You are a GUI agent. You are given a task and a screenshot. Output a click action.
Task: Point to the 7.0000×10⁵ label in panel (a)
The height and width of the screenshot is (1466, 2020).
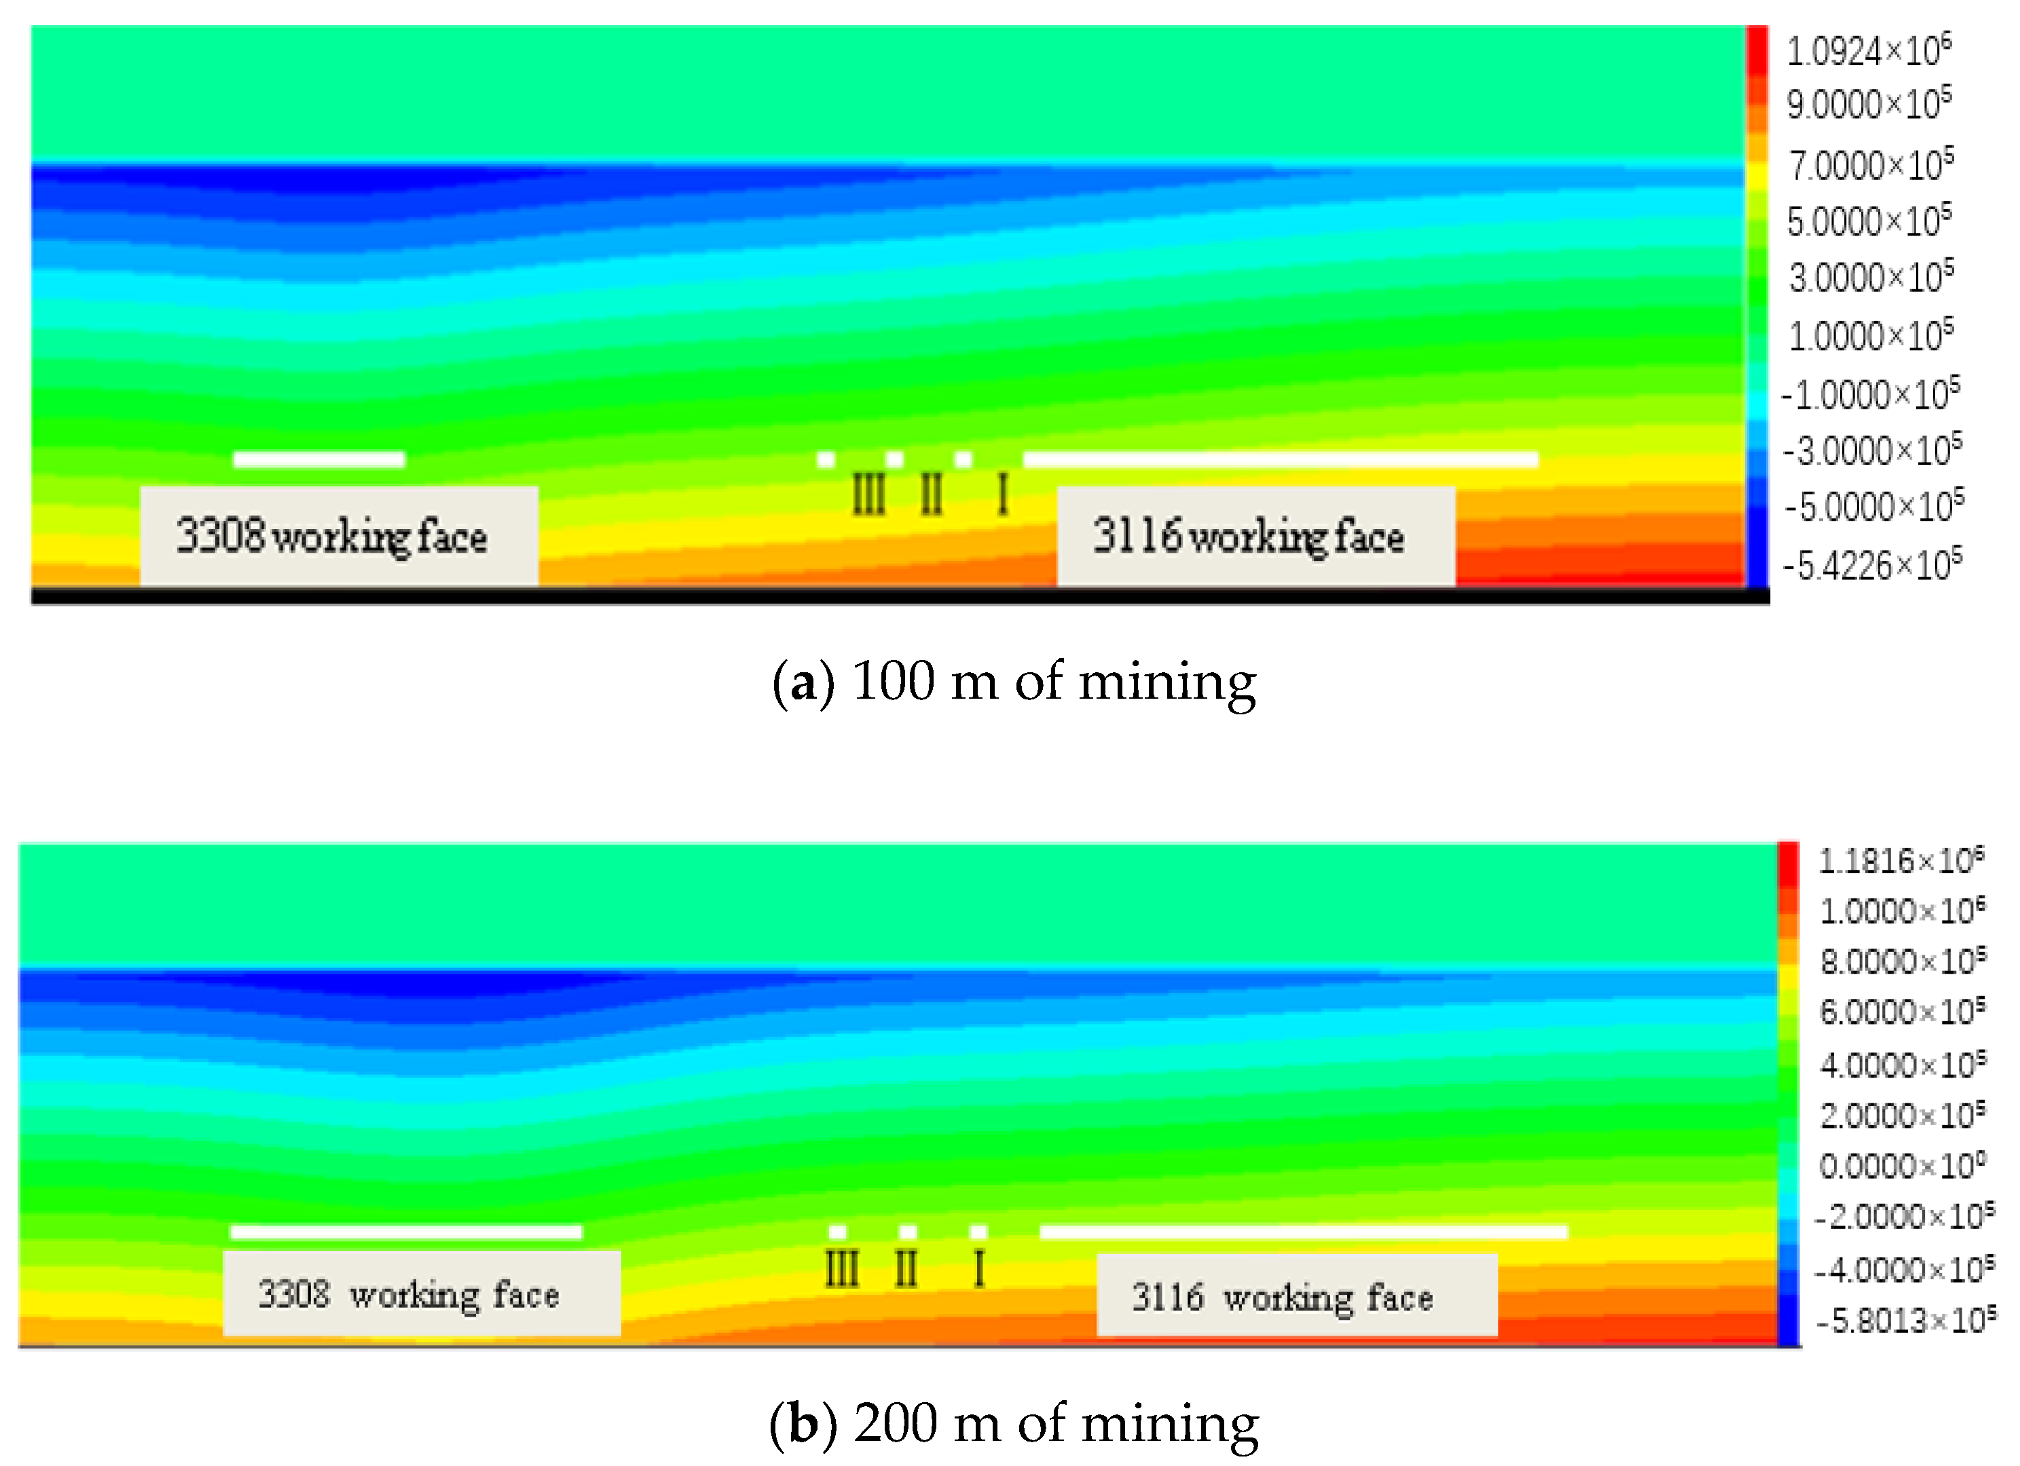pyautogui.click(x=1871, y=165)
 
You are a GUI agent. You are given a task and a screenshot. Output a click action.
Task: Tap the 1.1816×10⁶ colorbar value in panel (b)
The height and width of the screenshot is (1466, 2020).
pyautogui.click(x=1900, y=860)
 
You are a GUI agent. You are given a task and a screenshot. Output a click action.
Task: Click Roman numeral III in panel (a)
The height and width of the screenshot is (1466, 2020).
pyautogui.click(x=868, y=494)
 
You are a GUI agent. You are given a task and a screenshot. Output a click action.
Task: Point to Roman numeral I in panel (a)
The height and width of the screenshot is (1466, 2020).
pyautogui.click(x=1003, y=494)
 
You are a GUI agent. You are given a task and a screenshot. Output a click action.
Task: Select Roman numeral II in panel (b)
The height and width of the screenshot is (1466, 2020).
pyautogui.click(x=906, y=1268)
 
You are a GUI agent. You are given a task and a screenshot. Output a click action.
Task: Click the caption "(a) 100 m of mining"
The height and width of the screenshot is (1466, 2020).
pyautogui.click(x=1014, y=682)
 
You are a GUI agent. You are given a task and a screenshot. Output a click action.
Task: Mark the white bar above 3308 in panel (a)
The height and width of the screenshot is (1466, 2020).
pyautogui.click(x=319, y=460)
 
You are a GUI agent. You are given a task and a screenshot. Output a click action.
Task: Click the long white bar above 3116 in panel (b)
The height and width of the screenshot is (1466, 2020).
pyautogui.click(x=1304, y=1232)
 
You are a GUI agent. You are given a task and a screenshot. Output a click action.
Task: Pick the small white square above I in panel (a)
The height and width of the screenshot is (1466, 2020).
pyautogui.click(x=963, y=460)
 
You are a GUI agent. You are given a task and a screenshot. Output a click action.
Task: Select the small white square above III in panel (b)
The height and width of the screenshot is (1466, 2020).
pyautogui.click(x=837, y=1232)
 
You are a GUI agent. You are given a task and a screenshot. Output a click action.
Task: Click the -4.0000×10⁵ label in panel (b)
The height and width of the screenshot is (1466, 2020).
pyautogui.click(x=1904, y=1269)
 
